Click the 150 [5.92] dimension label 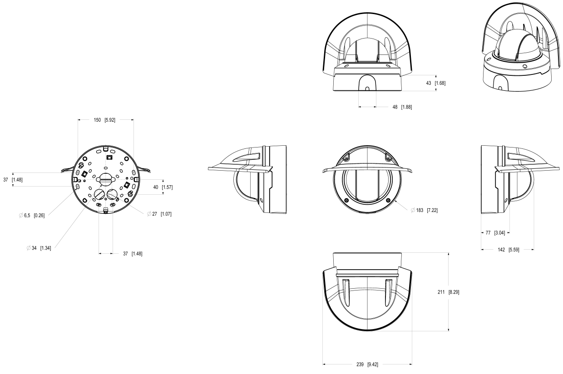105,120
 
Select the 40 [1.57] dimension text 162,187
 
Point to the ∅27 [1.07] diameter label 159,214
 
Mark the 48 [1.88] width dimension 401,107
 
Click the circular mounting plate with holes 106,179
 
